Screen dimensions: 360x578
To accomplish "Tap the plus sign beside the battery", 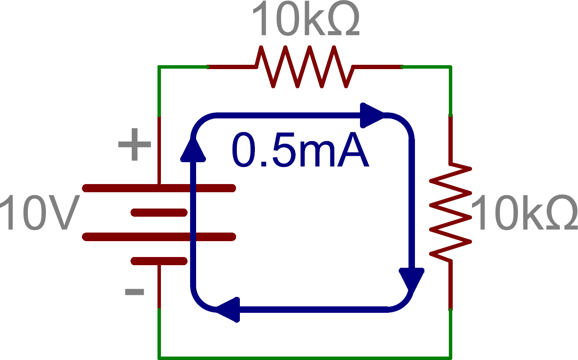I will (x=134, y=144).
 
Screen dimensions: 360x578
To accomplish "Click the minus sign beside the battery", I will (x=134, y=292).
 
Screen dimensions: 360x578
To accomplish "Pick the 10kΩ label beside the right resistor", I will (x=524, y=213).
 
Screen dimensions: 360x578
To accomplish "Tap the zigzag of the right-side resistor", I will (x=450, y=212).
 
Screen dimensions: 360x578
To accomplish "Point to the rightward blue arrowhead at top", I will (x=372, y=115).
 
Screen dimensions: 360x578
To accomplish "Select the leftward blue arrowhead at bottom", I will (x=228, y=309).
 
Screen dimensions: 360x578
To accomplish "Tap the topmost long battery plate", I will (x=159, y=188).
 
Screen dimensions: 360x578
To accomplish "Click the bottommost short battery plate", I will (x=159, y=261).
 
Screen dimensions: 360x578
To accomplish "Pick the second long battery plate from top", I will (x=159, y=237).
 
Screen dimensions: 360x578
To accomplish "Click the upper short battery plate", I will (x=159, y=212).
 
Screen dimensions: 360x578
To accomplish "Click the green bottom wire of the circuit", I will (x=305, y=357).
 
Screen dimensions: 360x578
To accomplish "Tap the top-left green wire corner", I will (x=160, y=67).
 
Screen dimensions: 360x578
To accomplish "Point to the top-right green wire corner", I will (x=450, y=67).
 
